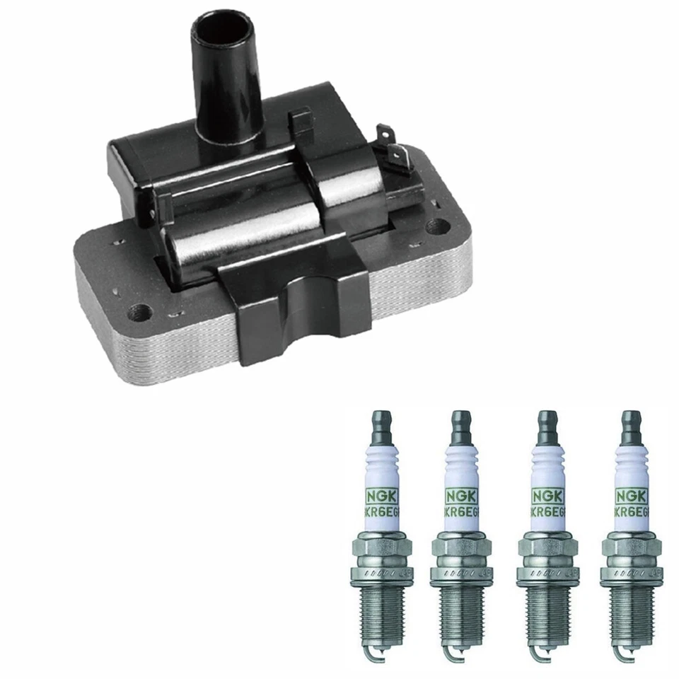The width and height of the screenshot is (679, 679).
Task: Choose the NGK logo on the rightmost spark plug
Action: [627, 494]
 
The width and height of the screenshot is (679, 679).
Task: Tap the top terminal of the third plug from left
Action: [543, 424]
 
